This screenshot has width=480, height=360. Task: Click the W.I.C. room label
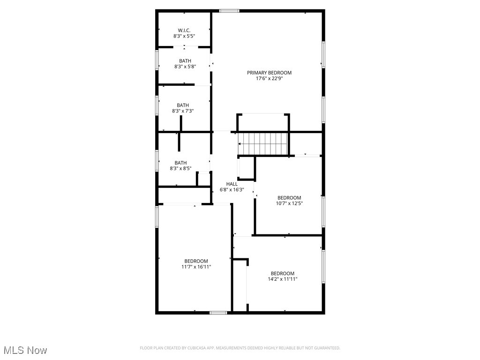[x=184, y=30]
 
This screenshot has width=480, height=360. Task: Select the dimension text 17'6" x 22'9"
[x=269, y=79]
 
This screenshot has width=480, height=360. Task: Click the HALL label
[x=232, y=184]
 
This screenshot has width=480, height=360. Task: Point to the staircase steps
[x=263, y=142]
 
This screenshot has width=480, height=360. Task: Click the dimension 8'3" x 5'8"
[x=185, y=67]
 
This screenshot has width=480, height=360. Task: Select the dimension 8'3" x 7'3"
[x=183, y=111]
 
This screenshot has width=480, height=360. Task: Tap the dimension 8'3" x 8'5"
[x=180, y=168]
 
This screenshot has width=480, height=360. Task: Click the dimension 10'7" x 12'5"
[x=289, y=203]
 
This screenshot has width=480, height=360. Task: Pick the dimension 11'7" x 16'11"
[x=196, y=267]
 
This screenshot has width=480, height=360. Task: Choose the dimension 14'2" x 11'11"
[x=282, y=279]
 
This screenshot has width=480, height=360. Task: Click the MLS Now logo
[x=25, y=350]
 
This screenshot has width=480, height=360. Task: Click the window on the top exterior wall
[x=229, y=11]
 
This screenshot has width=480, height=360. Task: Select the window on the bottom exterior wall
[x=218, y=312]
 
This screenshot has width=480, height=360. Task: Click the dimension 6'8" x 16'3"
[x=232, y=190]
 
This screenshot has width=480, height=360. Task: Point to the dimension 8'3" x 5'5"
[x=184, y=36]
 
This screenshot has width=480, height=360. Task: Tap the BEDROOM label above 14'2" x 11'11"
[x=282, y=273]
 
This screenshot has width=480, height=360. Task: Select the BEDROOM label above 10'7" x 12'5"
[x=289, y=198]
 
